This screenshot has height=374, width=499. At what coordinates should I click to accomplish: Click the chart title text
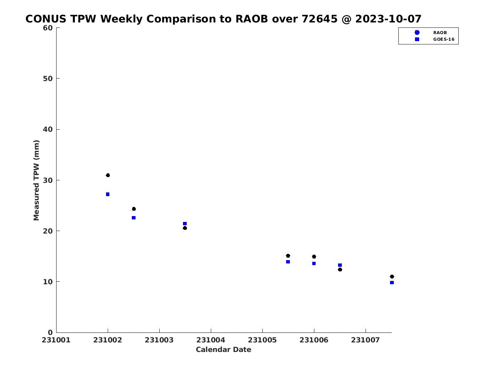pos(223,19)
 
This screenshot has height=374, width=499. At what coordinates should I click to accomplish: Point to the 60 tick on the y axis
pos(58,28)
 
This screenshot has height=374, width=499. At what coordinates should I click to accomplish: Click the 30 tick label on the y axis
pos(48,180)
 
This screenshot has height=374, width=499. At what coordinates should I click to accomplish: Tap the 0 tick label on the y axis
pos(50,333)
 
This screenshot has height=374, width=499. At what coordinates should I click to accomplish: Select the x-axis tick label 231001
pos(56,340)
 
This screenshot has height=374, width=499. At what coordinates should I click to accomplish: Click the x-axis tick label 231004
pos(211,340)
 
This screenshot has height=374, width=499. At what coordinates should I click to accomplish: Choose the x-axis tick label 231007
pos(366,340)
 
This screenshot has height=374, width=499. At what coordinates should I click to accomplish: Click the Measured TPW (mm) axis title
pos(36,180)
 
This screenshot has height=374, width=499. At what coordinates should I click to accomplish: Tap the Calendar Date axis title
pos(223,349)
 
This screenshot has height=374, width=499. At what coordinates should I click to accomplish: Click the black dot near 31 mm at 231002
pos(108,175)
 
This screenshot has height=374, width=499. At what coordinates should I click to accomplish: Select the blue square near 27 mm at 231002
pos(108,194)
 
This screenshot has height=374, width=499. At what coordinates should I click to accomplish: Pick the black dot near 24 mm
pos(134,209)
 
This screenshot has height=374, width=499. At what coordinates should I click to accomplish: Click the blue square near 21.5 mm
pos(185,224)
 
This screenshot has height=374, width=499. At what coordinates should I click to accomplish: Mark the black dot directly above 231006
pos(314,256)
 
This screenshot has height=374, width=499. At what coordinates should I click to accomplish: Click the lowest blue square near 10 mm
pos(392,283)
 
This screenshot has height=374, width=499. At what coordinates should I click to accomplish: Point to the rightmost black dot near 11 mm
pos(392,277)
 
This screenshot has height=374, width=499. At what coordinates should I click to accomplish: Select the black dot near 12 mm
pos(340,270)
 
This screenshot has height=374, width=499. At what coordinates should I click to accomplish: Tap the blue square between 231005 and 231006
pos(288,262)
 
